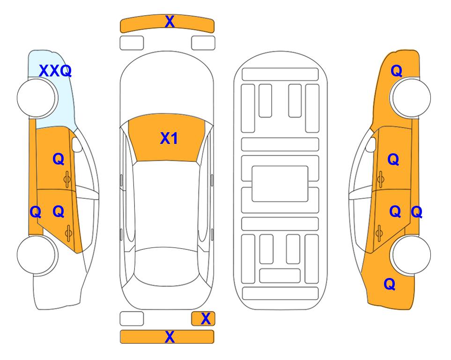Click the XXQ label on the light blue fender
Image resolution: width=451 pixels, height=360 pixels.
click(55, 71)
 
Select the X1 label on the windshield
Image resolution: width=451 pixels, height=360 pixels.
click(169, 138)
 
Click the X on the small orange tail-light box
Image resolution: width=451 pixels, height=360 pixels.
click(206, 319)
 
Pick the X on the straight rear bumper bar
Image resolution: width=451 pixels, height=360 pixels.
click(170, 337)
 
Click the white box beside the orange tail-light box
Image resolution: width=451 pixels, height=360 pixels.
click(132, 319)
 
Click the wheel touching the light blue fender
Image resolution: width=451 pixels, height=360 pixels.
click(37, 98)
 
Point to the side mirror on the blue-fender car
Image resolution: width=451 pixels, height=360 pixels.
click(77, 144)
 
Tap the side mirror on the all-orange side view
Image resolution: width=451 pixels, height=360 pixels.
click(371, 144)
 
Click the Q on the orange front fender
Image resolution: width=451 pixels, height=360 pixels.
click(396, 71)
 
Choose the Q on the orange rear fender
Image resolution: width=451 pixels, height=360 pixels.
click(390, 284)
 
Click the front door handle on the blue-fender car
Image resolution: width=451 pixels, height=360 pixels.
click(67, 180)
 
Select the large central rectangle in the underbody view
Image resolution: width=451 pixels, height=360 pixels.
click(280, 184)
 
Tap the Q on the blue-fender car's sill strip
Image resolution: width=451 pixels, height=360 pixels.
click(36, 212)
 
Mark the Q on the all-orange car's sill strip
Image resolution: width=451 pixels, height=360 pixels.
click(416, 212)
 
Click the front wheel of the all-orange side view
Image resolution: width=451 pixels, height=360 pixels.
click(410, 98)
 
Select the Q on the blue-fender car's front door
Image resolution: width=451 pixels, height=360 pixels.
click(59, 159)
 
